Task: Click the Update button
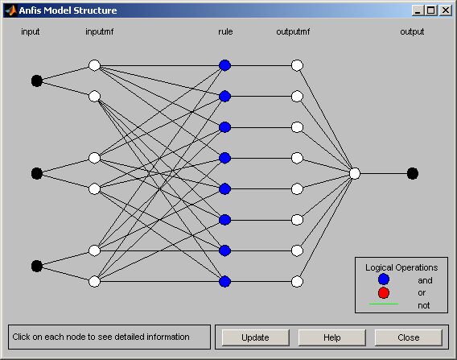(255, 337)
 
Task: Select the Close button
(409, 337)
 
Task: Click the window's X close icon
(446, 10)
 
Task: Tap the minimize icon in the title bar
(418, 10)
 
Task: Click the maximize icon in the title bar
(431, 10)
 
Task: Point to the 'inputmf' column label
(100, 31)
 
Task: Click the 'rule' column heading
(225, 31)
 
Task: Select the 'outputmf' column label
(293, 31)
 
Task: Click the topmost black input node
(37, 81)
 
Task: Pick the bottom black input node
(37, 266)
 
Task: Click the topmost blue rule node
(224, 65)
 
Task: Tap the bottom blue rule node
(224, 282)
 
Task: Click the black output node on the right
(413, 174)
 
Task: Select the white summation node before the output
(355, 174)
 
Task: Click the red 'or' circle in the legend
(384, 293)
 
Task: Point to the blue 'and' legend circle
(384, 279)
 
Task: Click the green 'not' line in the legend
(384, 304)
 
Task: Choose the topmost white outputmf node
(297, 65)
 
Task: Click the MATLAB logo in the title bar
(10, 10)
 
